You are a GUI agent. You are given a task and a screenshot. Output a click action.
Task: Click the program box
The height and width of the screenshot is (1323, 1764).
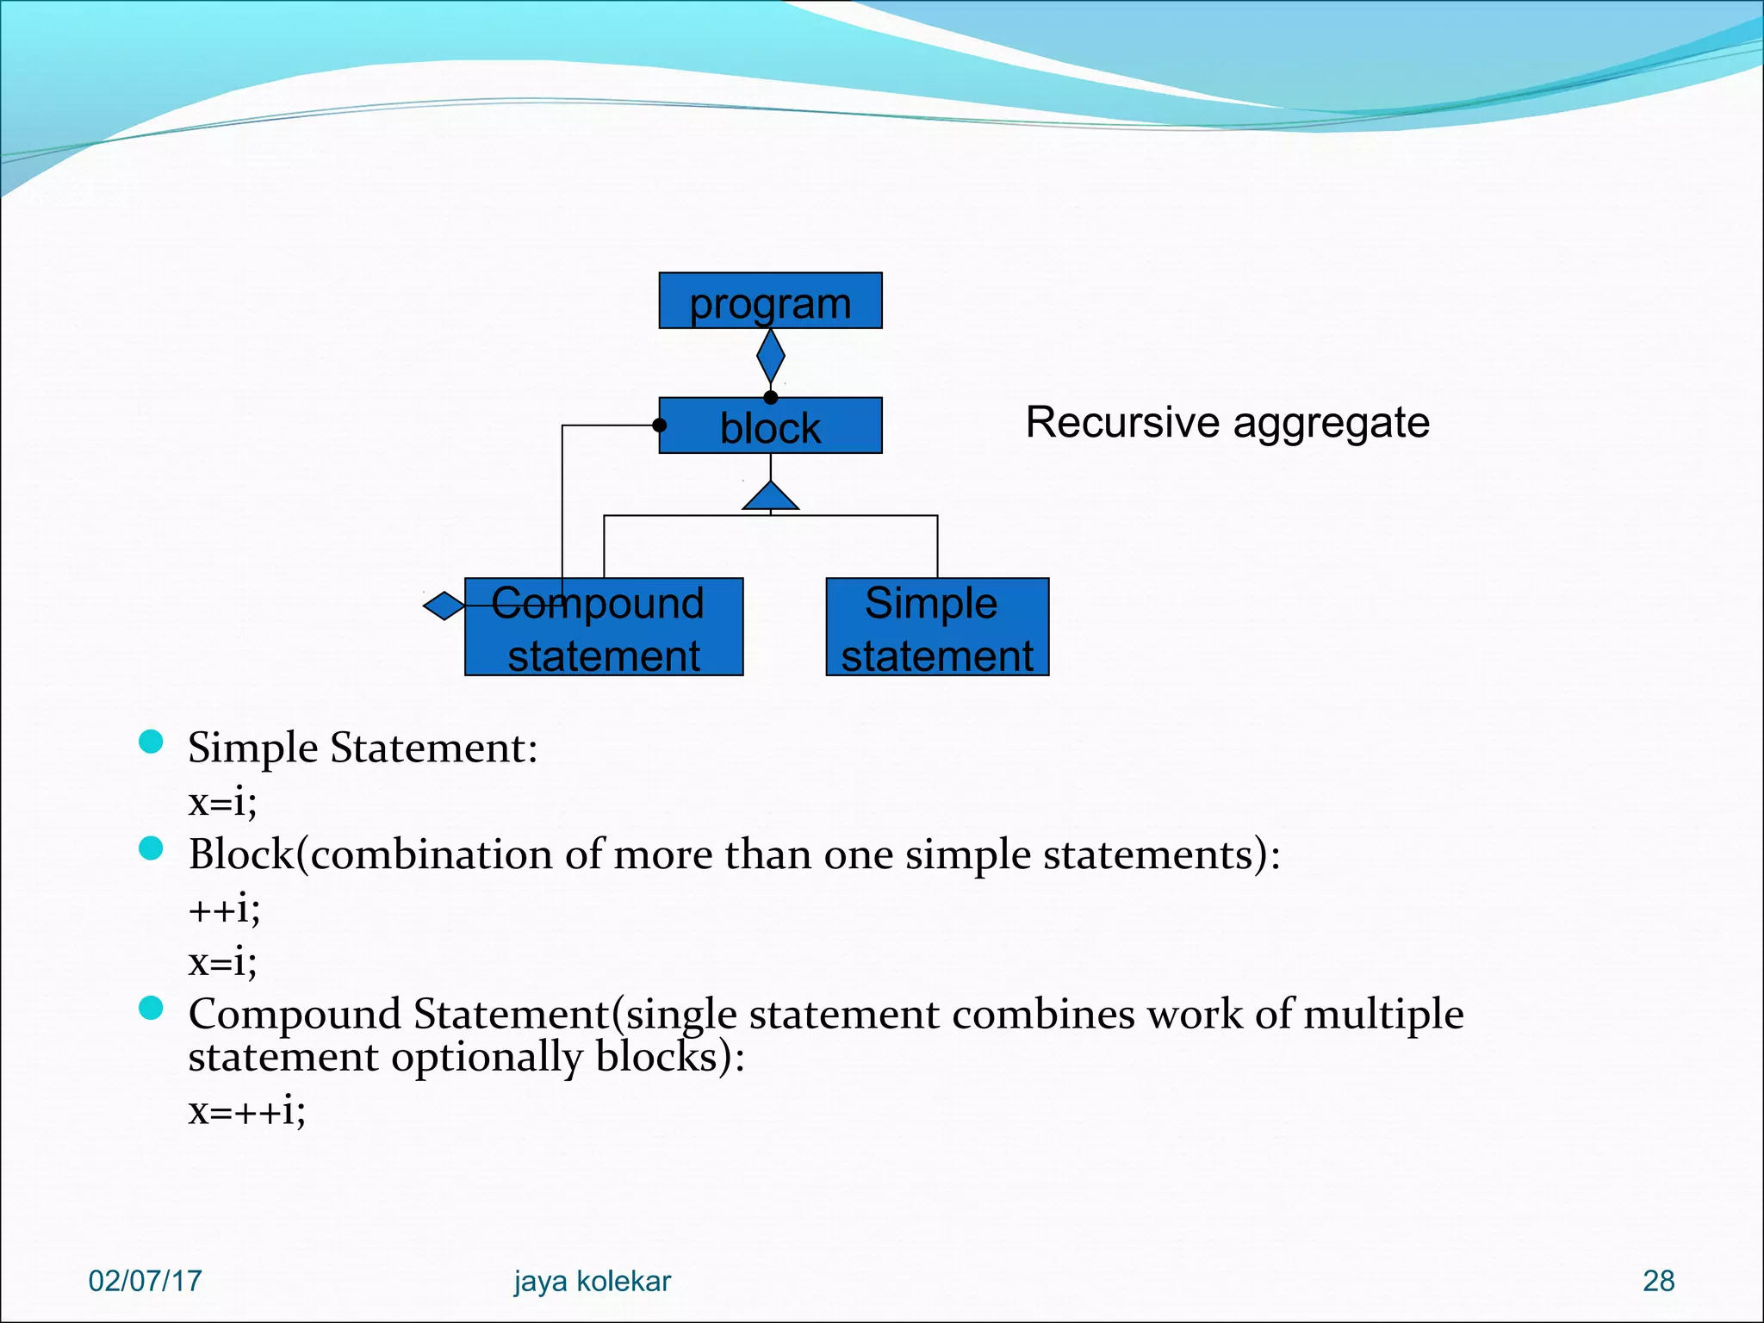(x=770, y=301)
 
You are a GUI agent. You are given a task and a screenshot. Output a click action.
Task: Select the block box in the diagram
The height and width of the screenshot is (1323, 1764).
(x=770, y=426)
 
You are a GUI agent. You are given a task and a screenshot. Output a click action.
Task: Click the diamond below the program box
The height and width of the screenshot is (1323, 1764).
(x=770, y=356)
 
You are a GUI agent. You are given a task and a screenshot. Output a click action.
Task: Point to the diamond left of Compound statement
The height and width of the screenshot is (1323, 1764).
(x=444, y=606)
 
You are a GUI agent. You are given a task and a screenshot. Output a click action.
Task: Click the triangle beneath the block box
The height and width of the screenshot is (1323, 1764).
(x=770, y=497)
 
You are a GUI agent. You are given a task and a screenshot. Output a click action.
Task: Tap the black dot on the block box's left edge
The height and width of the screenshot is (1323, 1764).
(x=660, y=425)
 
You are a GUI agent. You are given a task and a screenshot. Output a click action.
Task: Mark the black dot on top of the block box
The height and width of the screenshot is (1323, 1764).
(x=771, y=397)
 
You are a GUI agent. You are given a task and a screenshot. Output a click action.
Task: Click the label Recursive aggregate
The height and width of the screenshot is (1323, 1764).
(x=1227, y=423)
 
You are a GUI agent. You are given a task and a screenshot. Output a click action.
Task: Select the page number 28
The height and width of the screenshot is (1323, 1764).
(x=1658, y=1281)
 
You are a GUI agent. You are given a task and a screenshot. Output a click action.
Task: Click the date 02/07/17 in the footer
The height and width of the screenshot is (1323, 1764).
(x=145, y=1281)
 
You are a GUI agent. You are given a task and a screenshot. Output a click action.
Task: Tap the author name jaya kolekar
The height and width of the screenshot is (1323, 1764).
(x=592, y=1281)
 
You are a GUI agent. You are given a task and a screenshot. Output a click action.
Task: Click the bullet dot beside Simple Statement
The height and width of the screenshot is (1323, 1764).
(x=151, y=742)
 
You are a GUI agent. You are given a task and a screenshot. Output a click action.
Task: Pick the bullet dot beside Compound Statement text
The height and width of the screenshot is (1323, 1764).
(x=151, y=1008)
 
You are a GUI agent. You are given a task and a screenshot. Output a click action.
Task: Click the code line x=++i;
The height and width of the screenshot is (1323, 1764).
(x=246, y=1111)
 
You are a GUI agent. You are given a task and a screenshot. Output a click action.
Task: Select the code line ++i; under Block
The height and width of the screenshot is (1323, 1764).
(x=224, y=909)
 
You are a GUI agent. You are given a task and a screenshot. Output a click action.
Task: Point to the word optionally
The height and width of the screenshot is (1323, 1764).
(x=488, y=1058)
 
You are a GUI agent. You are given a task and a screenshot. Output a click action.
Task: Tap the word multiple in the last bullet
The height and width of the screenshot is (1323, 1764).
(x=1383, y=1014)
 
